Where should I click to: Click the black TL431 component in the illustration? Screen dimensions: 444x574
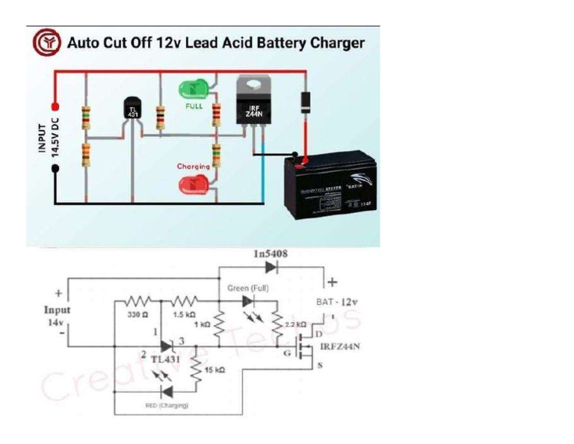click(x=133, y=112)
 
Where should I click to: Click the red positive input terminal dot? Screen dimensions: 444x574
click(x=55, y=106)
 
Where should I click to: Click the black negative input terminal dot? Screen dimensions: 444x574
click(x=55, y=169)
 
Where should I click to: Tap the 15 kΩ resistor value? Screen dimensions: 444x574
click(x=214, y=369)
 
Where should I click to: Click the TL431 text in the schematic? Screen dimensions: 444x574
click(x=166, y=359)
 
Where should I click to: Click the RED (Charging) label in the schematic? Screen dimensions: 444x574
click(x=165, y=405)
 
